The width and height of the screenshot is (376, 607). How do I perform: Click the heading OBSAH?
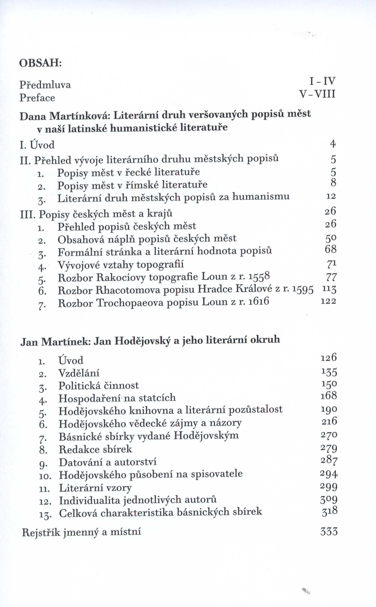40,63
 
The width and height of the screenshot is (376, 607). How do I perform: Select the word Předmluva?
45,85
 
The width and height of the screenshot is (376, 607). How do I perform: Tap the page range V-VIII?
317,94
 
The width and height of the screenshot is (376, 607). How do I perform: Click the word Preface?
37,98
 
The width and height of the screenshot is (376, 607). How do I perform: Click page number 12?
331,196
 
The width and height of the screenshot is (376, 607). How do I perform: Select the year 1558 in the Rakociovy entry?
259,276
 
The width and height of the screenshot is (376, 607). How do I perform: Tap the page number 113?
329,289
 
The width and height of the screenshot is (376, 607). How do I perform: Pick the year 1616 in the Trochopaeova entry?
259,302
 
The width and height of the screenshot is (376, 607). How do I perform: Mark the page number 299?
329,487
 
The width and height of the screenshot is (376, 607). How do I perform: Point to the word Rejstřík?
41,533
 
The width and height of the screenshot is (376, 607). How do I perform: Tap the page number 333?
329,532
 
